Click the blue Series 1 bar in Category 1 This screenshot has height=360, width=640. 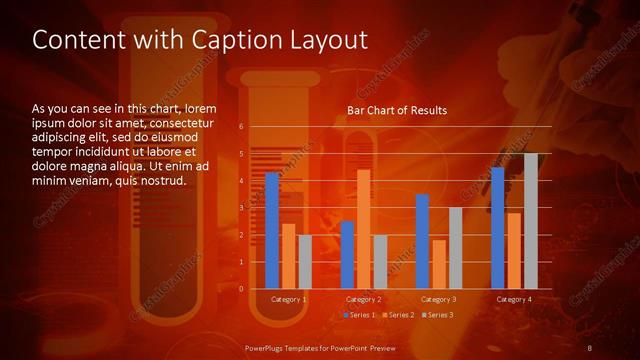pyautogui.click(x=272, y=230)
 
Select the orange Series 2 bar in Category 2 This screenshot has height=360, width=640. pyautogui.click(x=363, y=229)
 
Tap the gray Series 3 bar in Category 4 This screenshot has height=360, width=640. pyautogui.click(x=530, y=221)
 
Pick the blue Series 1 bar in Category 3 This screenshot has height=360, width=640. pyautogui.click(x=422, y=241)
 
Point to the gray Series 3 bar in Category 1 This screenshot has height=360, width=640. pyautogui.click(x=305, y=262)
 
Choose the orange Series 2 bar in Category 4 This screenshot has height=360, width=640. pyautogui.click(x=514, y=250)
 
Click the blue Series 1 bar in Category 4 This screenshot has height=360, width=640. pyautogui.click(x=497, y=227)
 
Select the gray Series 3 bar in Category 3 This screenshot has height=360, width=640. pyautogui.click(x=455, y=248)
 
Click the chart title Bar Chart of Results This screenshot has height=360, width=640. pyautogui.click(x=397, y=110)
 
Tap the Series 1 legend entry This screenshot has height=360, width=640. pyautogui.click(x=360, y=315)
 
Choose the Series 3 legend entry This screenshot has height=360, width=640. pyautogui.click(x=438, y=315)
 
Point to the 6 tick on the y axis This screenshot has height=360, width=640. pyautogui.click(x=241, y=126)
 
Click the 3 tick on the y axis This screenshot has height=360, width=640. pyautogui.click(x=241, y=207)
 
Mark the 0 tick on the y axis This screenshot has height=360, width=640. pyautogui.click(x=241, y=288)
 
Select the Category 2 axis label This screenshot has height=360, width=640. pyautogui.click(x=363, y=299)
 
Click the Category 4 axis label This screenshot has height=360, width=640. pyautogui.click(x=514, y=299)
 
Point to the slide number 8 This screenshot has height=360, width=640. pyautogui.click(x=590, y=347)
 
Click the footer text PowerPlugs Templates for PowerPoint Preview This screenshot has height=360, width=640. pyautogui.click(x=319, y=347)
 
